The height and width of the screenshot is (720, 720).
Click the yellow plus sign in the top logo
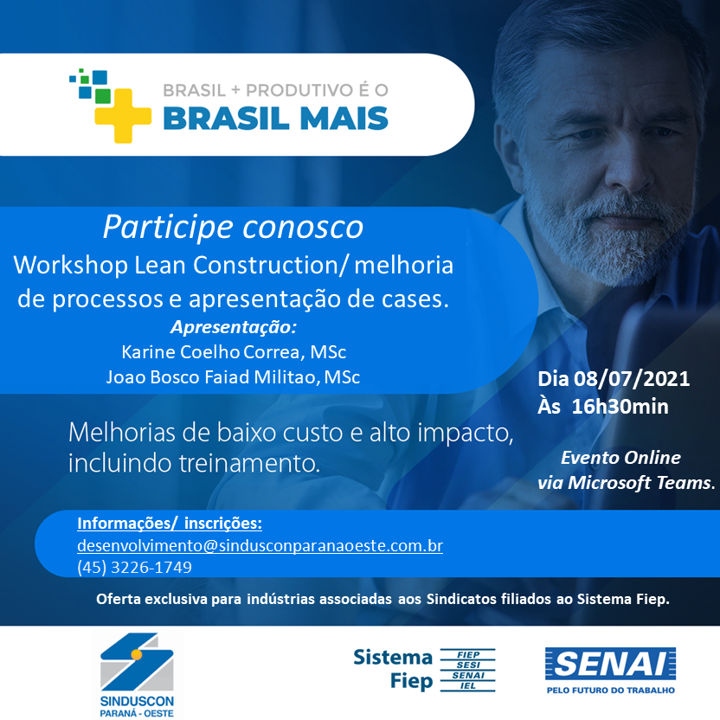(x=115, y=115)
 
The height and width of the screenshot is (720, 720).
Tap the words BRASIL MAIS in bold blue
(x=275, y=117)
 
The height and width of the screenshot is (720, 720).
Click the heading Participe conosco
(x=233, y=227)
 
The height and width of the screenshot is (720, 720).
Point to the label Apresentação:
(x=234, y=327)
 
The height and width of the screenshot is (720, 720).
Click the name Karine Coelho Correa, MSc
(x=234, y=352)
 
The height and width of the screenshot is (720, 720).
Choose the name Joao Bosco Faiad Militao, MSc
(x=233, y=377)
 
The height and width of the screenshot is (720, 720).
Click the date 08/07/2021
(x=636, y=379)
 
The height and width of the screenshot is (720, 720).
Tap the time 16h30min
(x=620, y=407)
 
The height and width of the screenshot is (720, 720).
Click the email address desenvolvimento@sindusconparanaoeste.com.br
(x=260, y=547)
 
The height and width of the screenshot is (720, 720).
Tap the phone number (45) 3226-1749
(x=134, y=568)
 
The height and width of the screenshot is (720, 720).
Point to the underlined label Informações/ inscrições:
(x=170, y=524)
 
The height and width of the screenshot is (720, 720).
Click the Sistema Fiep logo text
(x=393, y=669)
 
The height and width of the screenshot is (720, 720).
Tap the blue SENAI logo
(x=610, y=664)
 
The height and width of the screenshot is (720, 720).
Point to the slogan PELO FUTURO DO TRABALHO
(x=610, y=690)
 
